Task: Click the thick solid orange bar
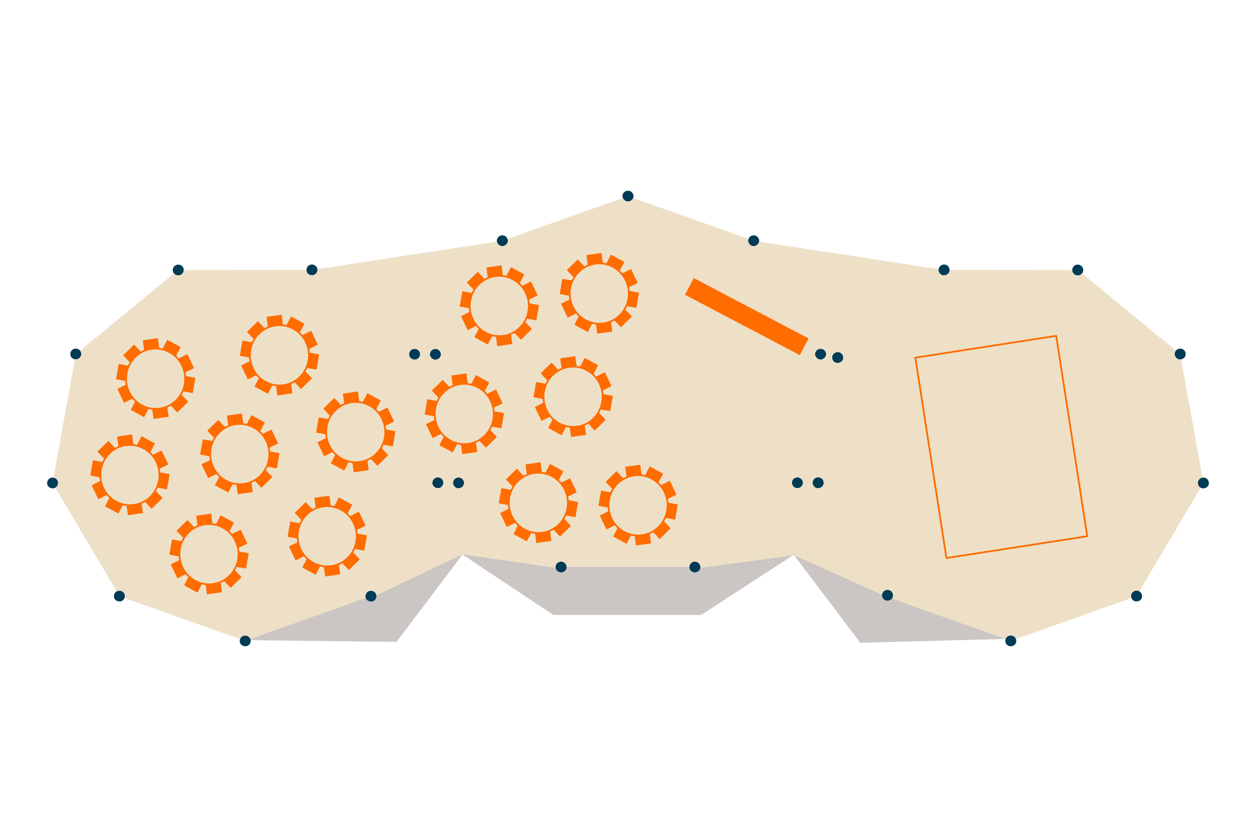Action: (746, 316)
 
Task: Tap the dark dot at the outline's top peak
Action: (628, 196)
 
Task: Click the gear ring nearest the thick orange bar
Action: (599, 294)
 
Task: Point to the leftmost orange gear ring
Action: (130, 475)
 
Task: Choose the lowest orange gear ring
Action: (209, 554)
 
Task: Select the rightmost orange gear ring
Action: (638, 505)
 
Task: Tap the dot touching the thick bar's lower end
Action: (821, 354)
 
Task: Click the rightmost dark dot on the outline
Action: (1203, 483)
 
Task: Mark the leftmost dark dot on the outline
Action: (52, 483)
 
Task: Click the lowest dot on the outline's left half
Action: (245, 641)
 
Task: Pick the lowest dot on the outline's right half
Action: (1010, 641)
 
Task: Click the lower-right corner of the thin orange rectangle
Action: (1087, 536)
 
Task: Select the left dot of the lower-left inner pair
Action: (438, 483)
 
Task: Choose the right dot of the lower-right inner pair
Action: (818, 483)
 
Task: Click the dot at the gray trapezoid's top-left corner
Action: (561, 567)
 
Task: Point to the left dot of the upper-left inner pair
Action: (414, 354)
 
